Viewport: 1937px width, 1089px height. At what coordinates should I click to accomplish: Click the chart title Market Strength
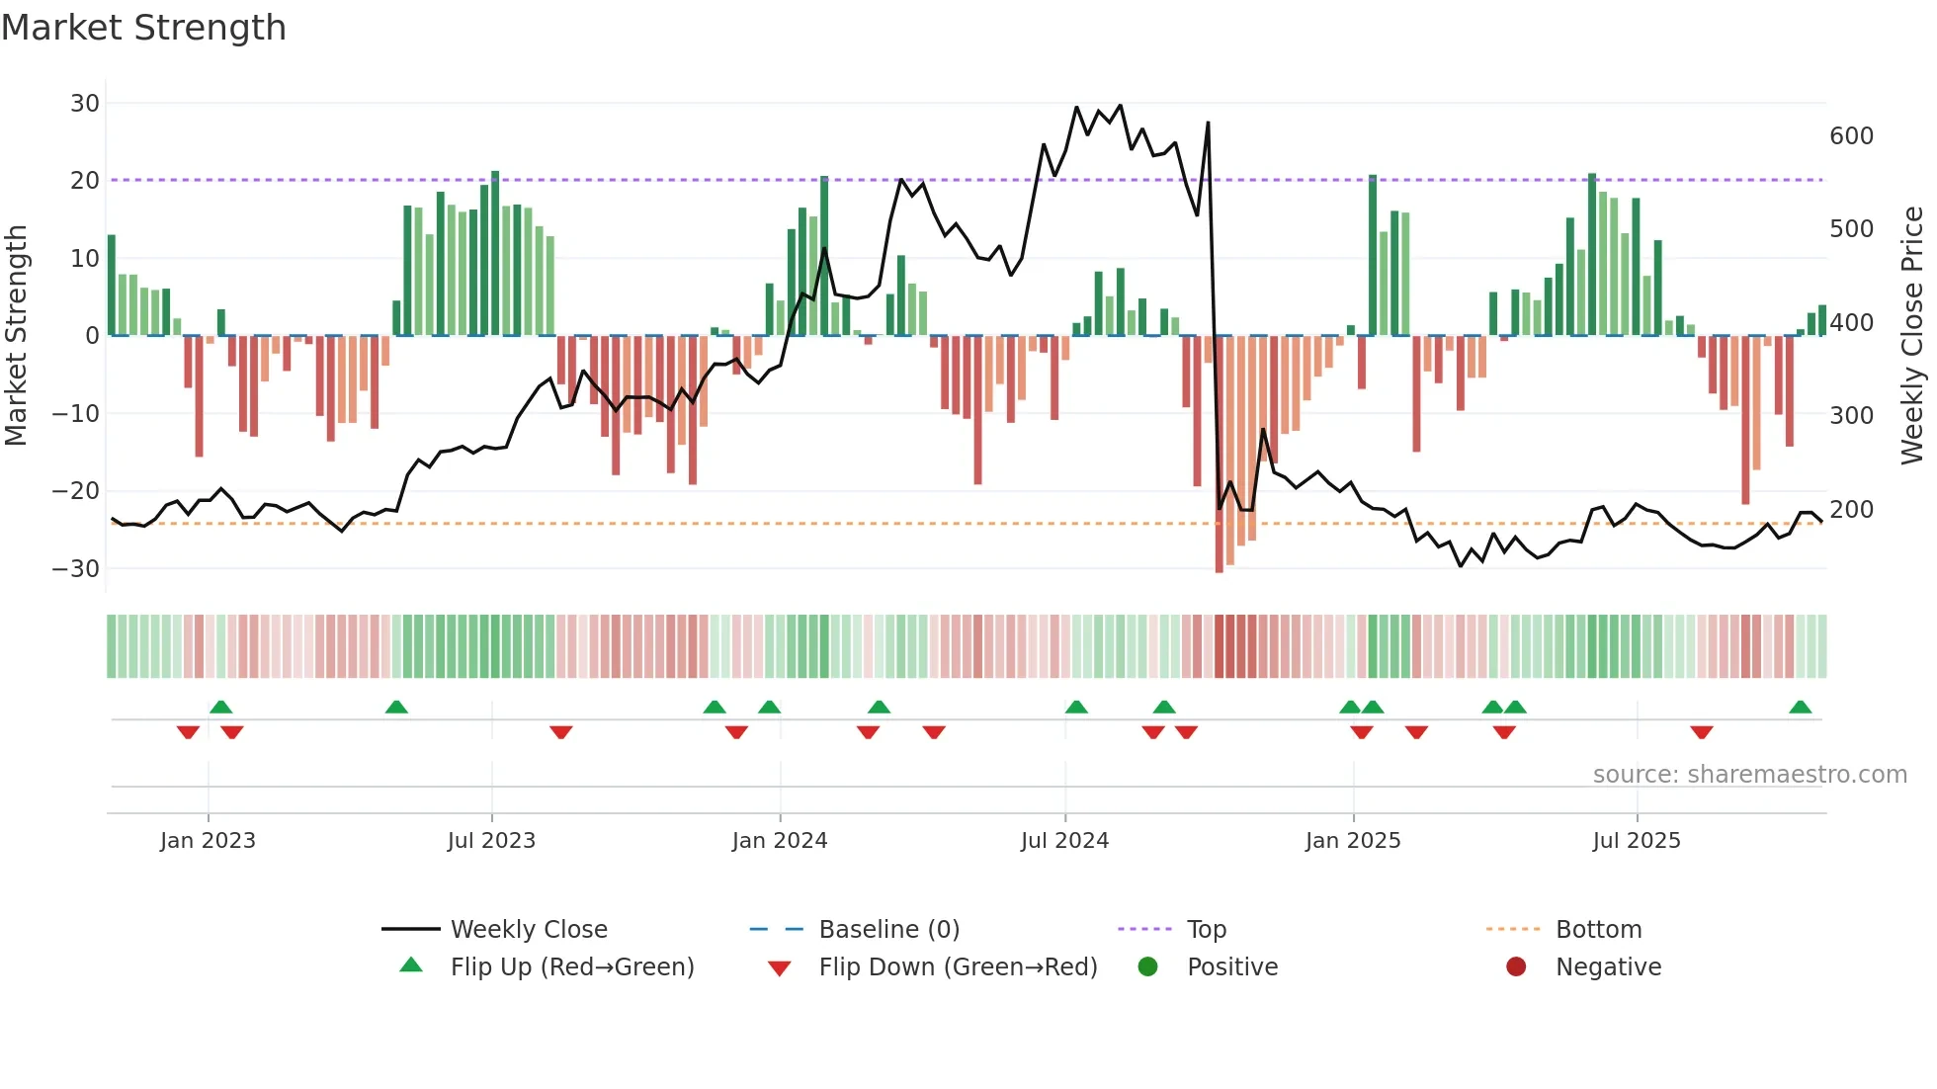point(143,28)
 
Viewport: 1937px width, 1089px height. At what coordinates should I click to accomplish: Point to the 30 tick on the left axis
point(85,104)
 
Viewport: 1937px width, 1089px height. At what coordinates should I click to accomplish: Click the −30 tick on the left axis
point(76,569)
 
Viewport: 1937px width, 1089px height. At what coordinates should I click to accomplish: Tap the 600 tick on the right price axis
point(1851,136)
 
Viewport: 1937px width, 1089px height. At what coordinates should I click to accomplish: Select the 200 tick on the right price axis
point(1851,510)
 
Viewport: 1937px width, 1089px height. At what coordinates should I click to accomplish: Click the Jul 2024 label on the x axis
point(1064,841)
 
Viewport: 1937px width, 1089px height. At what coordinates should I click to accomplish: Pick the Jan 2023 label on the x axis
point(208,841)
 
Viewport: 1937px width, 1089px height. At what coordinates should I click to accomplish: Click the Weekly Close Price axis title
point(1913,336)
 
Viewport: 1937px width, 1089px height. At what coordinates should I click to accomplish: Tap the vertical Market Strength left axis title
point(16,336)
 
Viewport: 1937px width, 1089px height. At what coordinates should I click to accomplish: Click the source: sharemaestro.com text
point(1749,775)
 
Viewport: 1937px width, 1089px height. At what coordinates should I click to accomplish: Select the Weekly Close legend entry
point(529,930)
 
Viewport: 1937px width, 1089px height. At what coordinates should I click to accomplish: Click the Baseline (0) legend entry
point(888,930)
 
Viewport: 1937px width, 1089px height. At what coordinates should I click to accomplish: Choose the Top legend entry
point(1206,930)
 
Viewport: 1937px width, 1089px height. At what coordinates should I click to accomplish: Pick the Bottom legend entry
point(1598,930)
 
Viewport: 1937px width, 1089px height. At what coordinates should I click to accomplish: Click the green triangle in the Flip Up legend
point(411,965)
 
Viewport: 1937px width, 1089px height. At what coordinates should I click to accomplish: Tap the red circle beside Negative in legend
point(1516,966)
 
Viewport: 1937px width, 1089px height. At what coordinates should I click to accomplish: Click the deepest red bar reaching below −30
point(1219,455)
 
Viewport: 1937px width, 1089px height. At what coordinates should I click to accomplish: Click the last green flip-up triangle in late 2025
point(1800,708)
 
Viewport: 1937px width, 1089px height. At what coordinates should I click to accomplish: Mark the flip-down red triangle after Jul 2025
point(1701,732)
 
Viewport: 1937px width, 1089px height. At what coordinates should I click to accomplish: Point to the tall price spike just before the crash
point(1208,125)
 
